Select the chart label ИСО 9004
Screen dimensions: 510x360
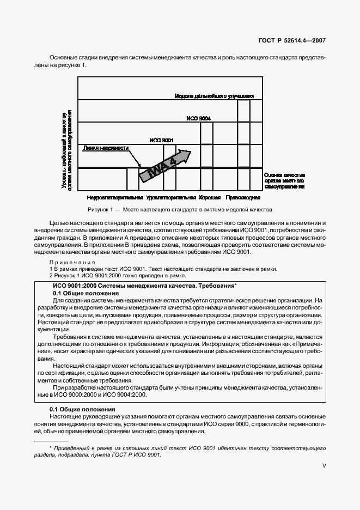[198, 118]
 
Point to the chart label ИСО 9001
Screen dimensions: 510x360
[161, 140]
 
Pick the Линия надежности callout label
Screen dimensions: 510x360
[106, 148]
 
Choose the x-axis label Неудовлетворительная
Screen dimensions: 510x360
[115, 197]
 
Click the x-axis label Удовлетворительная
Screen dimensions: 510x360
[171, 197]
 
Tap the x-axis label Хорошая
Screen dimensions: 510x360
[210, 197]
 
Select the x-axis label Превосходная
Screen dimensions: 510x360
[244, 197]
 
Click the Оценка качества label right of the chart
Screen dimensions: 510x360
[284, 181]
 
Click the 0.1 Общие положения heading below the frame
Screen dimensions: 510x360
[82, 409]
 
